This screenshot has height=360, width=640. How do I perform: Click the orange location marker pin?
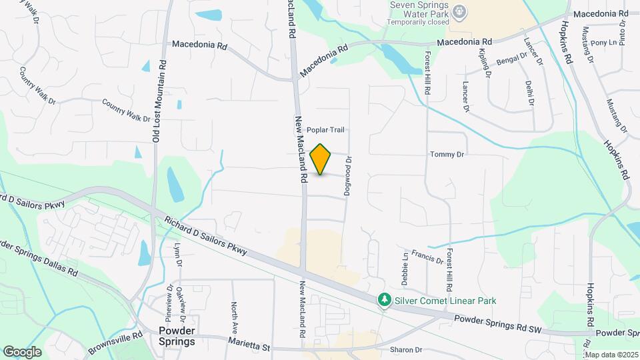(321, 159)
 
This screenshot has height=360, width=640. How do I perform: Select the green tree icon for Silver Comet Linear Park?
(384, 301)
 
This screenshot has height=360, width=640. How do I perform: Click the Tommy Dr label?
(447, 155)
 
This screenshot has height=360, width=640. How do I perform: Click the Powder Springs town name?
(177, 336)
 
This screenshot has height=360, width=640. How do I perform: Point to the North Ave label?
(234, 319)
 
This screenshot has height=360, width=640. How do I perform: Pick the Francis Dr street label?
(427, 257)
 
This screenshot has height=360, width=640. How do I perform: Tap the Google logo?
(22, 351)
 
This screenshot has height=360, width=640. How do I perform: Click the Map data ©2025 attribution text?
(611, 355)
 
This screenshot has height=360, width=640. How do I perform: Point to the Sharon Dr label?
(407, 349)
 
